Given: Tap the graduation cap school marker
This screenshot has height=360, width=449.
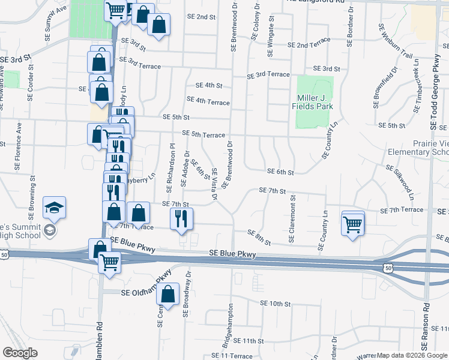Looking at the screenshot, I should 54,208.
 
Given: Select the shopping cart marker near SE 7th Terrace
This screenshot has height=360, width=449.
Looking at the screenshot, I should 353,224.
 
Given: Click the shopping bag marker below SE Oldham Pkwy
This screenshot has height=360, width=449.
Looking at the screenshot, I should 169,294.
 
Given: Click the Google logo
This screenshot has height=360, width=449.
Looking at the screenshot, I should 20,353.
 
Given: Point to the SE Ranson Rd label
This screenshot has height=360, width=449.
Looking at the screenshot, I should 425,326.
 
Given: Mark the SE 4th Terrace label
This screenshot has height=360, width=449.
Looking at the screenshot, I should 208,101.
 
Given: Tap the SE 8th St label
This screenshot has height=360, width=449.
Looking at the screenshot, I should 259,237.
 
